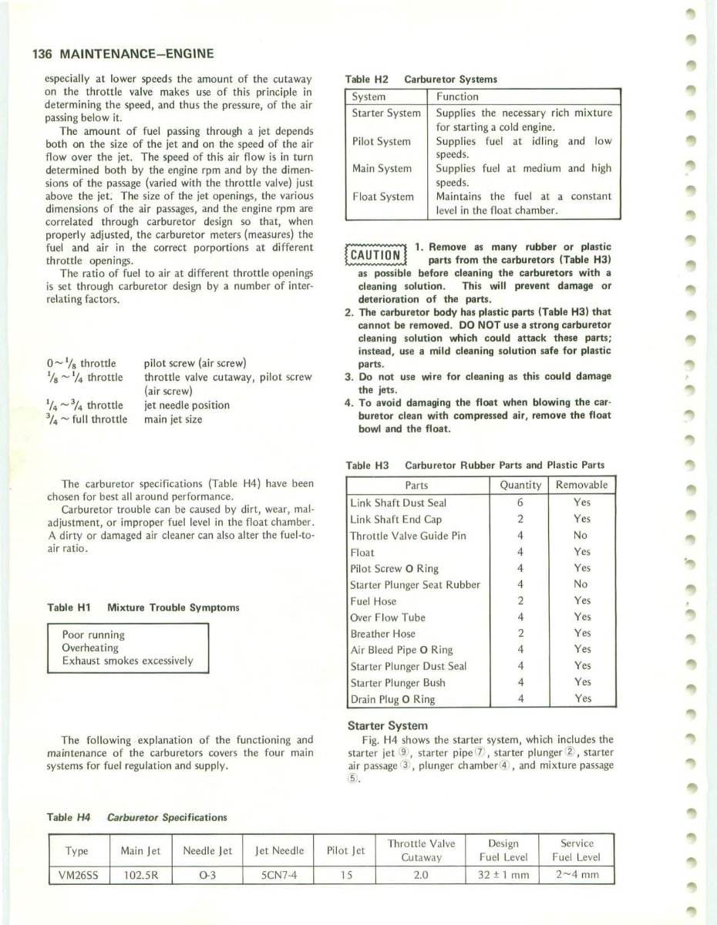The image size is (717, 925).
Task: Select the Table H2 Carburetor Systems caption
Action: tap(422, 79)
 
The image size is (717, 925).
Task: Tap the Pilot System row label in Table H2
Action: tap(381, 141)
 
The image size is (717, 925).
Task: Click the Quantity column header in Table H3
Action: tap(519, 486)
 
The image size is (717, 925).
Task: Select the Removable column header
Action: tap(582, 486)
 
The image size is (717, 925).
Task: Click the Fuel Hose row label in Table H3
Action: tap(374, 600)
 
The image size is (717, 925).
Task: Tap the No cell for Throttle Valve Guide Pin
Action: tap(581, 535)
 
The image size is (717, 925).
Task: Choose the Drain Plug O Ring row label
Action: tap(392, 699)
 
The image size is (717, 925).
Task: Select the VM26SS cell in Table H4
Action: tap(77, 875)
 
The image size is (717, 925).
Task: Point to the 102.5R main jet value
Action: tap(141, 875)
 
